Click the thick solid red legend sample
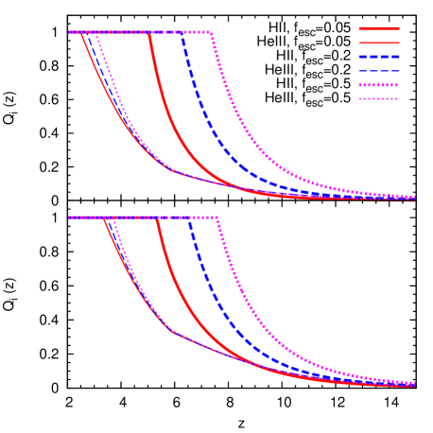(x=378, y=28)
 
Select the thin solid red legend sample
(x=378, y=43)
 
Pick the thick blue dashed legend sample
(x=378, y=57)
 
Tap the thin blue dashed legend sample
(x=378, y=71)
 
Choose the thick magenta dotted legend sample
(x=378, y=85)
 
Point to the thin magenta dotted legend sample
(x=378, y=98)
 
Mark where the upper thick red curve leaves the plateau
(x=149, y=32)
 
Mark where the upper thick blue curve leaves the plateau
(x=182, y=32)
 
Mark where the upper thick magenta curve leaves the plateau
(x=211, y=32)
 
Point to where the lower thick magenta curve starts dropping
(x=217, y=217)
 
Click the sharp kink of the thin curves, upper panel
(x=172, y=170)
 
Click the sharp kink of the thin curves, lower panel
(x=172, y=330)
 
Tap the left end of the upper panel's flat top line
(x=69, y=32)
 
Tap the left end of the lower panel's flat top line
(x=69, y=217)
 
